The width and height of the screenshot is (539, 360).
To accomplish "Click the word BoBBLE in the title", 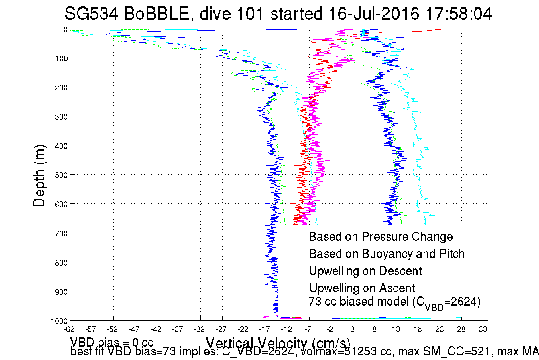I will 156,14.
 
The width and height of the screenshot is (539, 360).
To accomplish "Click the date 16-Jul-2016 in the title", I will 374,14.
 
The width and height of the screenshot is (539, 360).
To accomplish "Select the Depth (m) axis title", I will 39,176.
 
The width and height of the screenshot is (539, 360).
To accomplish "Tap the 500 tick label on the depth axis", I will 61,175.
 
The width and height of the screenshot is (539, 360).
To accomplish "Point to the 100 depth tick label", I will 61,59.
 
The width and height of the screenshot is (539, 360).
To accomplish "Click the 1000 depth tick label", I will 59,321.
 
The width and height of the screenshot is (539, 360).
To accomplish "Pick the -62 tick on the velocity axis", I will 69,330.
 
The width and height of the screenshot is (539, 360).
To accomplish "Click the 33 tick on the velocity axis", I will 483,330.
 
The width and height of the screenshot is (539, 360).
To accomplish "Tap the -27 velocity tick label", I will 221,330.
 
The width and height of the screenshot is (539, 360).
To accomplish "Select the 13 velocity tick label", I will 396,330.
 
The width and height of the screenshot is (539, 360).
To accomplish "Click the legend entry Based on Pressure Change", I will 381,237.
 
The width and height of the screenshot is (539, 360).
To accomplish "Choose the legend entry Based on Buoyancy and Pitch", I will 387,254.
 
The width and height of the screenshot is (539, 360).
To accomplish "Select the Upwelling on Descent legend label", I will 365,271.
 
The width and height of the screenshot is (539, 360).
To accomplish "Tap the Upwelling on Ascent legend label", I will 362,288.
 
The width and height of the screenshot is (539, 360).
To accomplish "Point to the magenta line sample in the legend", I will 294,286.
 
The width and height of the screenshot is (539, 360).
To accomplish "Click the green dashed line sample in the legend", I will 294,305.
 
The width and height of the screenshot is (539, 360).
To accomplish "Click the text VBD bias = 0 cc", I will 112,342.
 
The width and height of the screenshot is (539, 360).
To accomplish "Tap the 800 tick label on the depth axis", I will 61,263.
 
